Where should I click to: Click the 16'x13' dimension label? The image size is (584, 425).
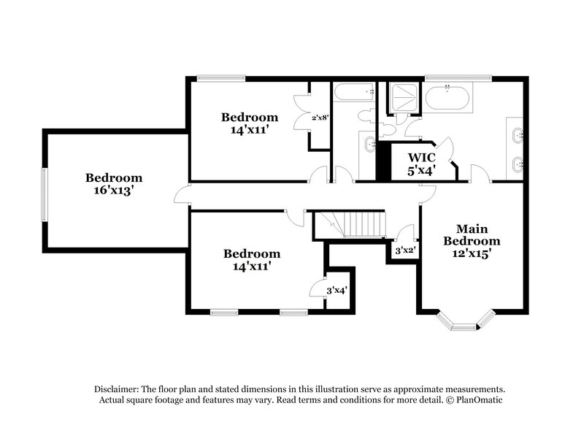coord(114,191)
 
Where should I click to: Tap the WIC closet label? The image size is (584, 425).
coord(421,158)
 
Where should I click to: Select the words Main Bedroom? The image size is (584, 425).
coord(472,234)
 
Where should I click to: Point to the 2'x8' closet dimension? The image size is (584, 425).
coord(320,117)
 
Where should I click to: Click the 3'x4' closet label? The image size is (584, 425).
coord(336,291)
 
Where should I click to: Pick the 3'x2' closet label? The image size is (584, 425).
coord(404,250)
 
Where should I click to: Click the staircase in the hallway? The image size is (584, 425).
coord(356,223)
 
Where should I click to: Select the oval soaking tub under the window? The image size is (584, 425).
coord(448,98)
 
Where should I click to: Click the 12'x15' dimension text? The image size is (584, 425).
coord(472,254)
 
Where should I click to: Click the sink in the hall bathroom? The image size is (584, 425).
coord(366,143)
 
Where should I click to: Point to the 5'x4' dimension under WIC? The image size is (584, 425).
coord(421,171)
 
